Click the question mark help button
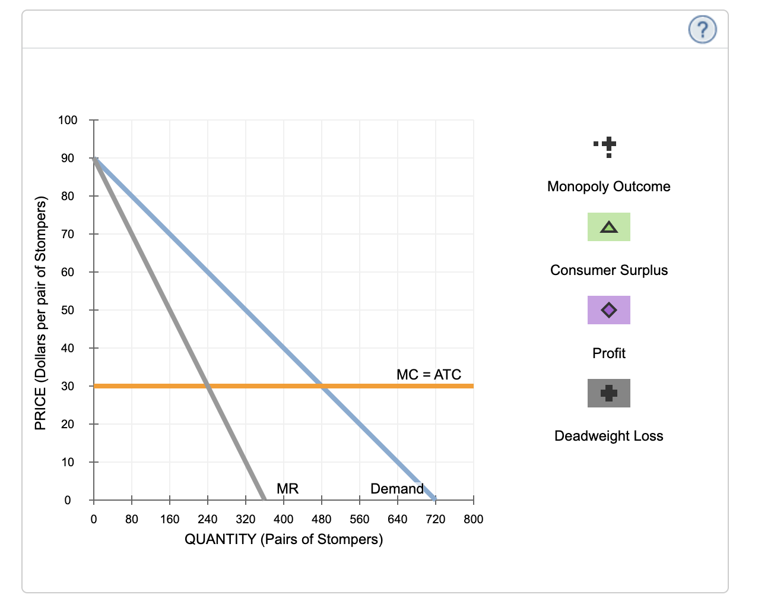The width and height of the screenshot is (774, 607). tap(702, 29)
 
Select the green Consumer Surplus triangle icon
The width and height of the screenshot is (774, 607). tap(608, 227)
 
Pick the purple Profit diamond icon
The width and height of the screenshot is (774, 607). tap(608, 310)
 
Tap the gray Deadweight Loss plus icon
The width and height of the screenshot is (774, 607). tap(608, 393)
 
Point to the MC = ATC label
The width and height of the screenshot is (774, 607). tap(429, 374)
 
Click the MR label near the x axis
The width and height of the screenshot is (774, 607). tap(287, 488)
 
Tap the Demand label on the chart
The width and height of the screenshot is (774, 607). tap(396, 488)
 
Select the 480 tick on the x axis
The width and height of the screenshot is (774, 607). tap(321, 519)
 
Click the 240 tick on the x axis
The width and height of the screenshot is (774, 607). tap(207, 519)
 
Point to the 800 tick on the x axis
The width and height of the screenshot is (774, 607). tap(473, 519)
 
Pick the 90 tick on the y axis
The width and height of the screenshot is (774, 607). tap(67, 158)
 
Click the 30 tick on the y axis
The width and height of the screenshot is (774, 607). tap(67, 386)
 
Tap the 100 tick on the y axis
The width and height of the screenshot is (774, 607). tap(67, 120)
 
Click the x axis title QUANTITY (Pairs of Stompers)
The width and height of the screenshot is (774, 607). tap(284, 539)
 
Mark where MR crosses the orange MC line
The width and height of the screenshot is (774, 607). tap(208, 386)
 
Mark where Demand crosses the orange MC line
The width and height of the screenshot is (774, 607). tap(322, 386)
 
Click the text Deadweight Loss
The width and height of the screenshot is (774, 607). tap(608, 436)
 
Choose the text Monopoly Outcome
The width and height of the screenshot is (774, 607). tap(608, 186)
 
